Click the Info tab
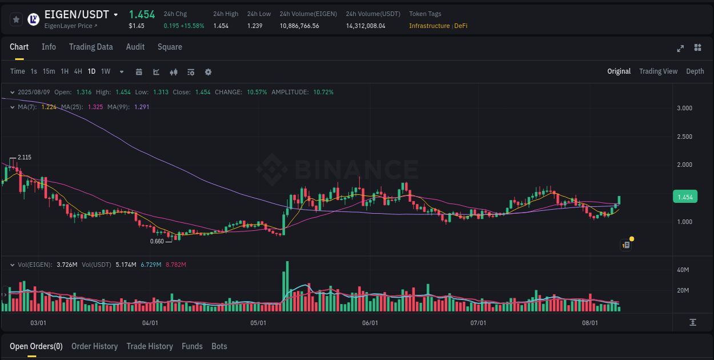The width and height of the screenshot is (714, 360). point(49,47)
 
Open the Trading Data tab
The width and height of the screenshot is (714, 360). point(91,47)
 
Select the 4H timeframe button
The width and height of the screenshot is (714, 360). point(78,71)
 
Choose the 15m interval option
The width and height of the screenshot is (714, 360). point(49,71)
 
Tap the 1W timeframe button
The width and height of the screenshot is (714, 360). point(106,71)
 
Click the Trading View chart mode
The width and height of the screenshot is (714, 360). point(658,71)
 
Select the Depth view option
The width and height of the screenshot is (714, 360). point(695,71)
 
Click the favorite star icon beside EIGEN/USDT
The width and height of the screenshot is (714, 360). point(16,19)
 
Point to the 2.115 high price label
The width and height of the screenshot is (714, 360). point(24,157)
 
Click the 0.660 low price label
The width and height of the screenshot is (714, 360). point(157,241)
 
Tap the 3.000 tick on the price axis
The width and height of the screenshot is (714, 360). point(684,108)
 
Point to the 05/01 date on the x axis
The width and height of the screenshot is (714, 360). point(258,323)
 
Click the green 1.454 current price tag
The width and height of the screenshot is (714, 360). point(685,197)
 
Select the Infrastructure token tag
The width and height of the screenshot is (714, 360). point(429,26)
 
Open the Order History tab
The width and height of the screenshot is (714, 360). point(94,346)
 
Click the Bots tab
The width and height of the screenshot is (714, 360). point(219,346)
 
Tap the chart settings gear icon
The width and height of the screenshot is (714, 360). point(208,72)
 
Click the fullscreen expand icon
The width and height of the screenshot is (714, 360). point(680,48)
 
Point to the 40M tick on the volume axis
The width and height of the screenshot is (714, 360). point(683,270)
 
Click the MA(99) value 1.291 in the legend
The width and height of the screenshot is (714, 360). point(141,107)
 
